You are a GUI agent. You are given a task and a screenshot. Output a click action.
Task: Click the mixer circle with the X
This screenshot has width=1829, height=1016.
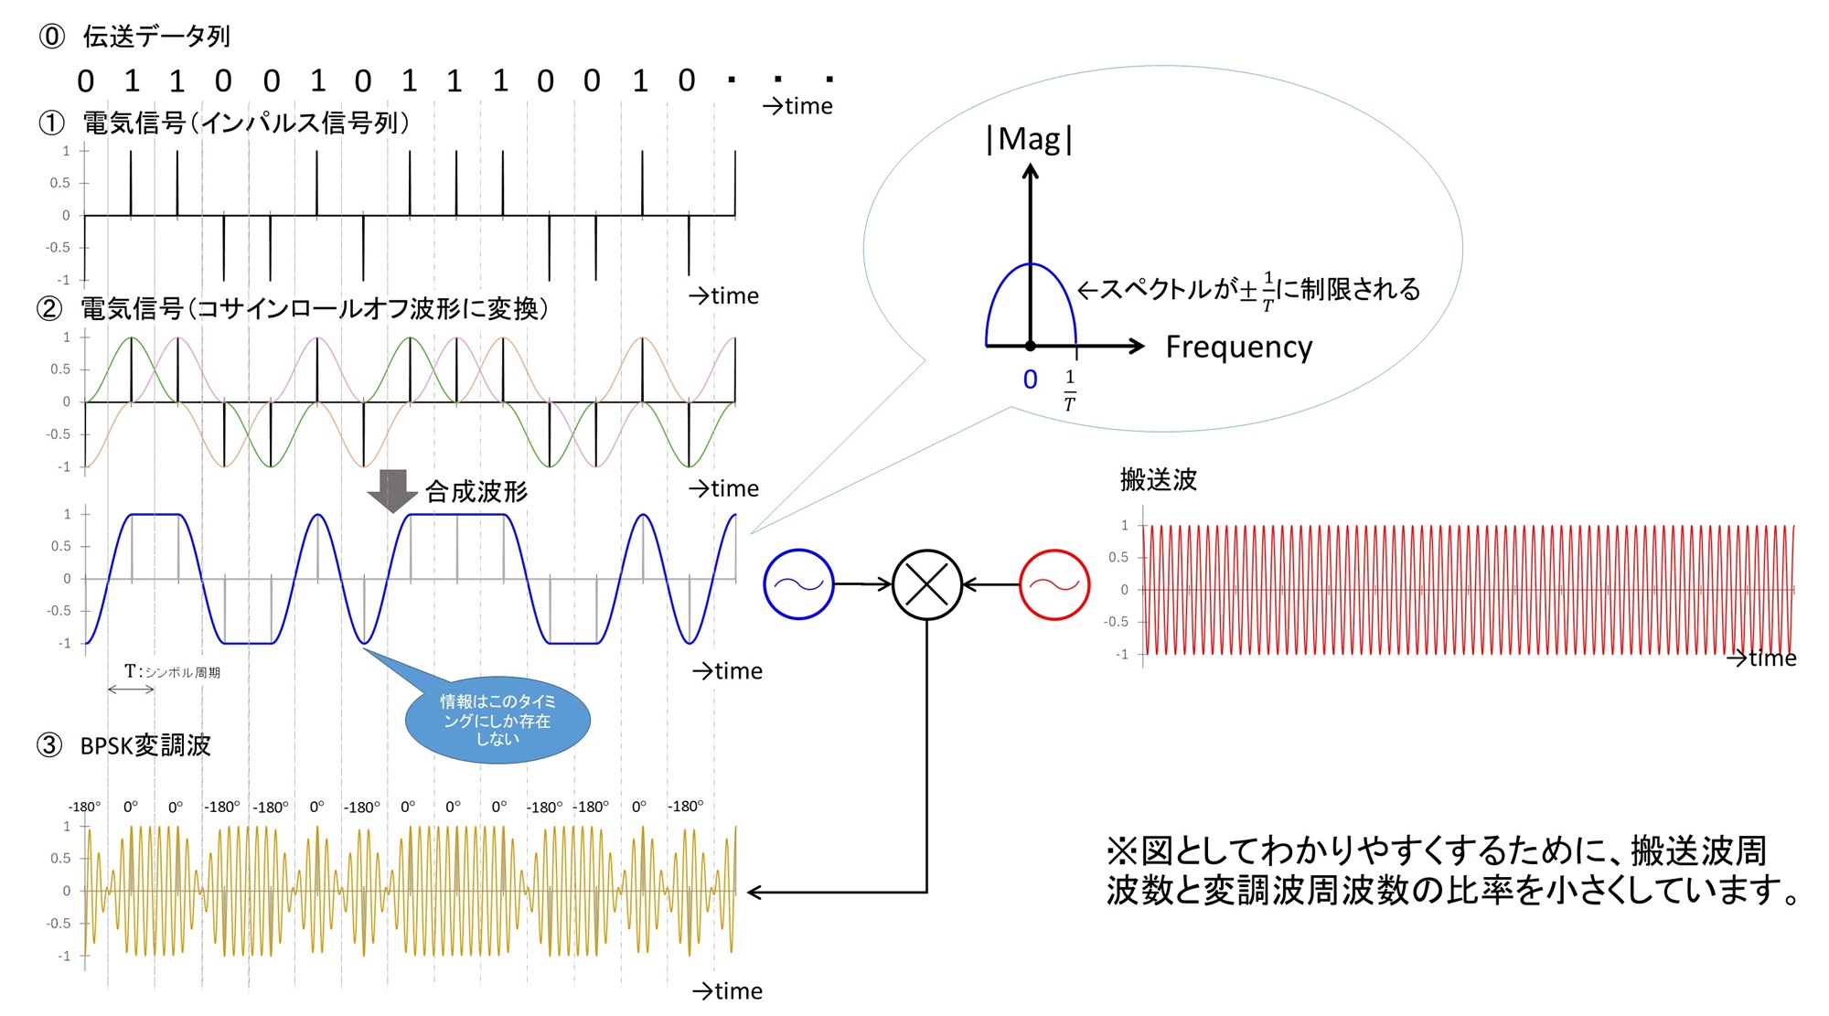tap(926, 584)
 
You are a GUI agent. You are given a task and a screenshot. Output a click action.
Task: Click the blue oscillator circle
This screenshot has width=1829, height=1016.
tap(798, 584)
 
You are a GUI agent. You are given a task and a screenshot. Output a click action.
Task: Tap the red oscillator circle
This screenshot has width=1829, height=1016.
tap(1054, 584)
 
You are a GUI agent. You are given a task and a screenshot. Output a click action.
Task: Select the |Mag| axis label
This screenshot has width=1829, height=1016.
tap(1029, 140)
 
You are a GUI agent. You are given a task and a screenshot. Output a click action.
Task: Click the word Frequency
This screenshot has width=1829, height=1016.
tap(1238, 348)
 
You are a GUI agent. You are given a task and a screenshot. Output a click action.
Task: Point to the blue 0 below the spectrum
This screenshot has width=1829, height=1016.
tap(1030, 380)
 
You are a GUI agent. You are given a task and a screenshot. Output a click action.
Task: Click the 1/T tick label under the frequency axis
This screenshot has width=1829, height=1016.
tap(1069, 390)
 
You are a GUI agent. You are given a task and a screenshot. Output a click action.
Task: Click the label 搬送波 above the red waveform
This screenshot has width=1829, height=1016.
tap(1158, 479)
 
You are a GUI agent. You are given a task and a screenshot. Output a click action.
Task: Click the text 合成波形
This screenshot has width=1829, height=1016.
tap(476, 492)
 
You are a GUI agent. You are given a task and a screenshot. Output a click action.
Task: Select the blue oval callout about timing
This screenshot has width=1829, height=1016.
tap(497, 720)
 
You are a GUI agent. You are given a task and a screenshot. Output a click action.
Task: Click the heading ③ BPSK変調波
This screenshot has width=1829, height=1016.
tap(124, 745)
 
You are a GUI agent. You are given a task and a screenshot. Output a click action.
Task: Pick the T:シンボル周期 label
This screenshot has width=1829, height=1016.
tap(172, 671)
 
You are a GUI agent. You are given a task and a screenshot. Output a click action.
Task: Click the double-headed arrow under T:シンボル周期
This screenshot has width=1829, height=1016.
tap(131, 690)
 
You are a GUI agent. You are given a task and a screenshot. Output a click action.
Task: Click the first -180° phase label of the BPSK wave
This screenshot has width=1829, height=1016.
tap(84, 807)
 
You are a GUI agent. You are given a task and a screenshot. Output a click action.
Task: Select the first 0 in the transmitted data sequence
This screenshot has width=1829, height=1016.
tap(86, 82)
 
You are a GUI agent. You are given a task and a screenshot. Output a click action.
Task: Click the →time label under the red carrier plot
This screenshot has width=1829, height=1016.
tap(1761, 658)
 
